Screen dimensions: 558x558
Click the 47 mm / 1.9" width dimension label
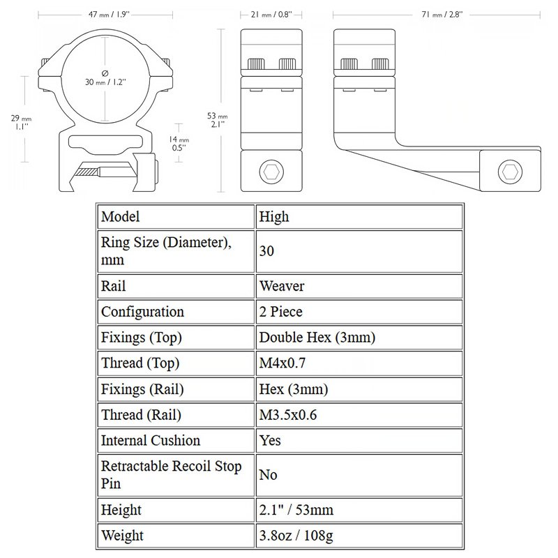pos(109,15)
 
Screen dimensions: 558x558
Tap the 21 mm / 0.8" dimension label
pos(271,15)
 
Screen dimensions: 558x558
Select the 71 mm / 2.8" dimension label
pos(442,15)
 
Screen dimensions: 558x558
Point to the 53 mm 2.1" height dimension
pos(217,120)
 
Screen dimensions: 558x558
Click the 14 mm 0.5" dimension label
pos(179,144)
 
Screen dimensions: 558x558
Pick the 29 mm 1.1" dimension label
pos(21,122)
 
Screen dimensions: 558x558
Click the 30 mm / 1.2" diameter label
pos(105,78)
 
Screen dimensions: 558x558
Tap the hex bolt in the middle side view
pos(271,172)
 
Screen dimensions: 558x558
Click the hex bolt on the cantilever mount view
pos(510,172)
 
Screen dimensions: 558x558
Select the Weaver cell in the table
pos(282,286)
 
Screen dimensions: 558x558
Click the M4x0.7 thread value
pos(282,363)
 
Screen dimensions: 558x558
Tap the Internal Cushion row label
pos(151,441)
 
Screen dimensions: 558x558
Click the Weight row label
pos(122,536)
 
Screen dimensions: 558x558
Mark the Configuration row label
pos(142,312)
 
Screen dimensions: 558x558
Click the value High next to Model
pos(273,217)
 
